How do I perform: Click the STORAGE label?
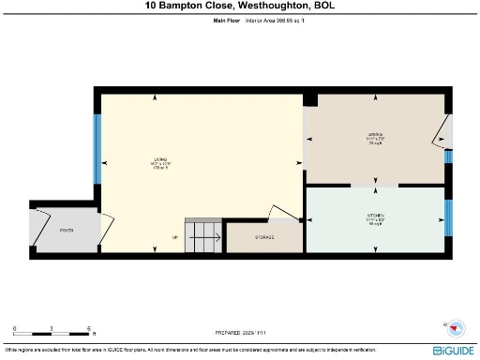coord(264,236)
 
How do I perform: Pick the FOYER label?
coord(67,230)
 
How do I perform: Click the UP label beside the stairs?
coord(175,237)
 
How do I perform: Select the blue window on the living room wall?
coord(97,150)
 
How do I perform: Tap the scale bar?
coord(52,332)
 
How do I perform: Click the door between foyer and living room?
coord(106,223)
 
